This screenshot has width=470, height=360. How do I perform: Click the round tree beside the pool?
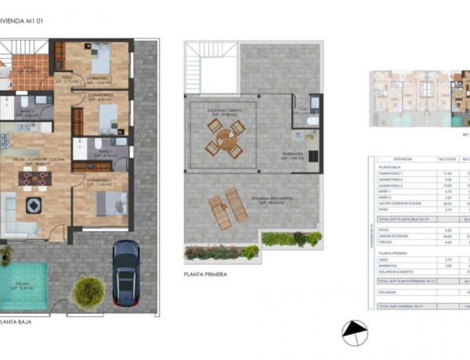88,292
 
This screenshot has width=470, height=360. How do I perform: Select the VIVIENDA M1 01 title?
23,23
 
